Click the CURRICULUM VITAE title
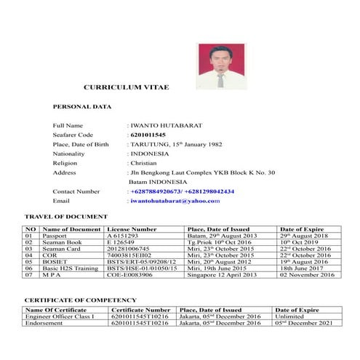pos(126,87)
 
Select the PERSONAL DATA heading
pos(82,107)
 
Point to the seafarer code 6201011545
pos(148,135)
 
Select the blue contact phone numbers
pos(183,191)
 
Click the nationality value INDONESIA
pos(149,153)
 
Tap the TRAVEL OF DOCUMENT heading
pos(66,217)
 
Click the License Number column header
pos(132,229)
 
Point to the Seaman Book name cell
pos(63,243)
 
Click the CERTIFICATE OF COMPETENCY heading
pos(80,300)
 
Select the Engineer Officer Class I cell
pos(60,316)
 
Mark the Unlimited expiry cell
pos(292,316)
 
